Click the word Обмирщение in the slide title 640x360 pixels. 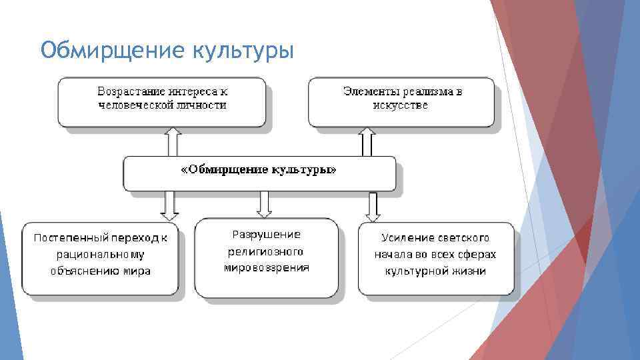[x=111, y=50]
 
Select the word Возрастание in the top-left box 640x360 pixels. [x=128, y=91]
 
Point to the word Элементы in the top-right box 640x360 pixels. [x=365, y=91]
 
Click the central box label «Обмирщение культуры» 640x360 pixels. [x=259, y=170]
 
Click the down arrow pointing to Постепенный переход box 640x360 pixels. [x=169, y=205]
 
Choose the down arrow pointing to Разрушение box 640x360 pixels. [x=265, y=204]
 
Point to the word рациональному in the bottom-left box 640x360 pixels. [x=100, y=254]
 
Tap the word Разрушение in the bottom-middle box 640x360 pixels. [x=266, y=234]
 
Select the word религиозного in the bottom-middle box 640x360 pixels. [x=265, y=251]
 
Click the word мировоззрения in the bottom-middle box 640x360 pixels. [x=266, y=268]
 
